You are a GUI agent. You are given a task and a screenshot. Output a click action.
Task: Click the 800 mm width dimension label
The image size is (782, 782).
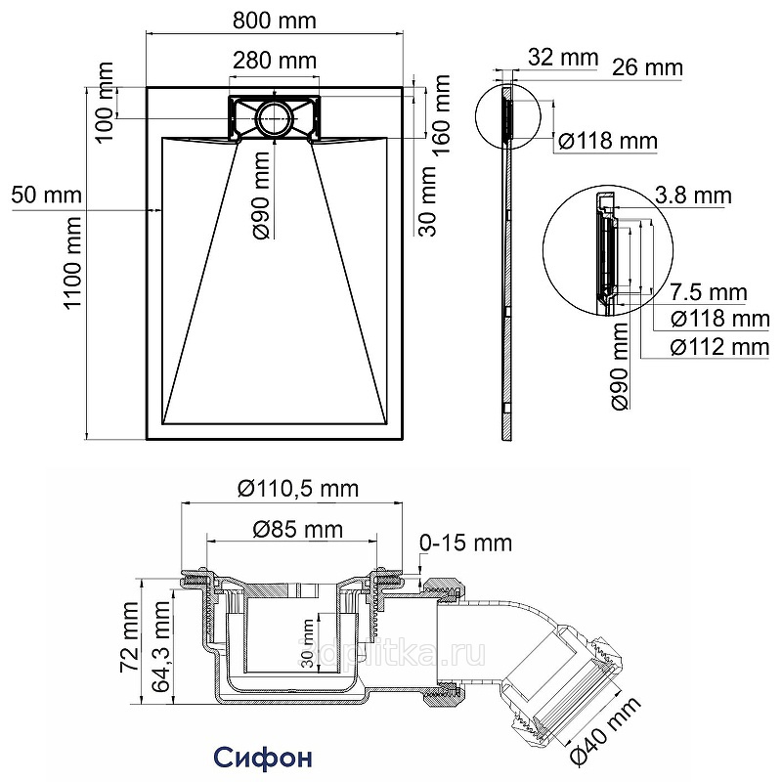(274, 19)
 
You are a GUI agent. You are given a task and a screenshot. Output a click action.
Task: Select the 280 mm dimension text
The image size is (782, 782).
(274, 61)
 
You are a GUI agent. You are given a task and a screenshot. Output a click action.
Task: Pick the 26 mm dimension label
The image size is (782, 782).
(646, 67)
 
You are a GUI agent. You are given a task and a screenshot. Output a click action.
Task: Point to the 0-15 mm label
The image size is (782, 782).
(465, 543)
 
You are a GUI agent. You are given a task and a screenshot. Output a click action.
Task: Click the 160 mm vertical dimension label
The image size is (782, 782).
(443, 107)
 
